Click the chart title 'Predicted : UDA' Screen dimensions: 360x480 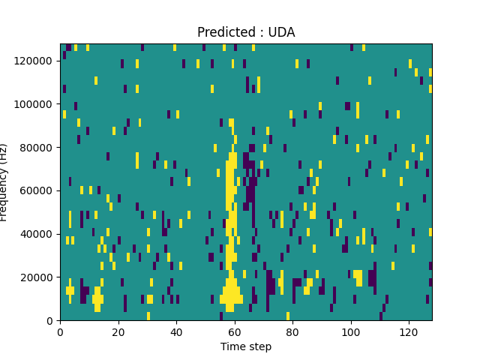246,32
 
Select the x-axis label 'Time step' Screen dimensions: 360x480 246,346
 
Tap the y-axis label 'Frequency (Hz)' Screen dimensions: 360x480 4,182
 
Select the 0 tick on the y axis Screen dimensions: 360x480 49,320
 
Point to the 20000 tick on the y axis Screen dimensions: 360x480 37,277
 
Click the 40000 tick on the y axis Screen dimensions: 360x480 37,234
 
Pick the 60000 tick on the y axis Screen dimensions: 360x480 37,190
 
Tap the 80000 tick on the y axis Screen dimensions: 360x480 37,148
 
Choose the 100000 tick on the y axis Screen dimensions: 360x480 35,104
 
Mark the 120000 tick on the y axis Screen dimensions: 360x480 35,61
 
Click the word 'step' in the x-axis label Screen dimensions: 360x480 259,346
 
